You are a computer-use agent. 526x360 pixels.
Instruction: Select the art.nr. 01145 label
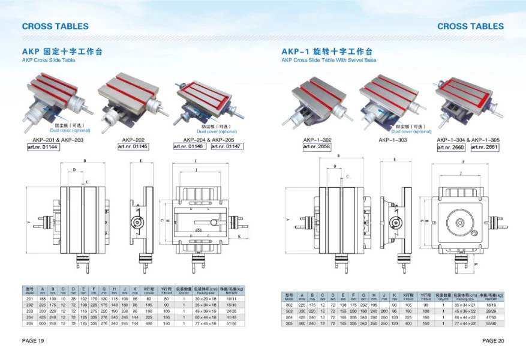(x=133, y=146)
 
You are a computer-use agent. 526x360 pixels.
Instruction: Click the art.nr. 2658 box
(x=317, y=146)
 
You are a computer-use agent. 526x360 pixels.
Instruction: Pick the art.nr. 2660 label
(x=452, y=146)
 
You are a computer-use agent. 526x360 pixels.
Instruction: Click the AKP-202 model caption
(x=133, y=139)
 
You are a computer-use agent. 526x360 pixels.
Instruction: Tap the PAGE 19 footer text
(x=34, y=340)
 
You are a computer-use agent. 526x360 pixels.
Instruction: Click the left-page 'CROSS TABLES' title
(x=55, y=26)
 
